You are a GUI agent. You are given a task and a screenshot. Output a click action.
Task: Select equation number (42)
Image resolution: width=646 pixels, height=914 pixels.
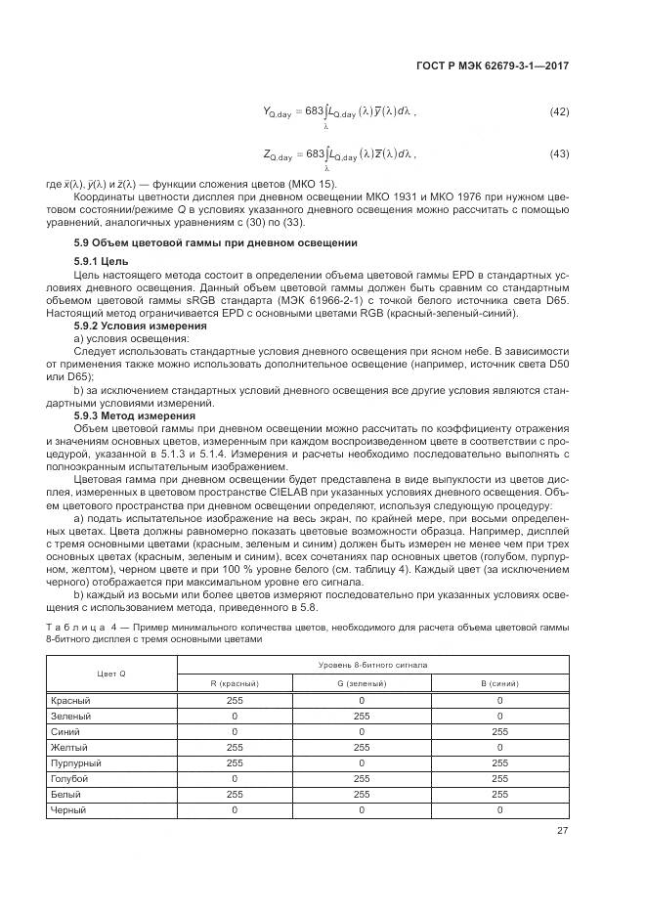(559, 112)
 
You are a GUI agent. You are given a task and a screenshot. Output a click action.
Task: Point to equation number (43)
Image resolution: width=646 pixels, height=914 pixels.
(559, 154)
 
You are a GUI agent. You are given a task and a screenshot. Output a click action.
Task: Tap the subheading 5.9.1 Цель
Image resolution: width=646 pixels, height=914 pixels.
(102, 262)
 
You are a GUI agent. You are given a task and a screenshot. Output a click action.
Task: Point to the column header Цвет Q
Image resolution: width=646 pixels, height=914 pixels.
(111, 674)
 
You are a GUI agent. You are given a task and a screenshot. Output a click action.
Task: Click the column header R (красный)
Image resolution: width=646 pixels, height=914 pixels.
(235, 683)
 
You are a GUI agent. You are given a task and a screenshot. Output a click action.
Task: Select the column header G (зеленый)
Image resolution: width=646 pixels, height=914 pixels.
(361, 683)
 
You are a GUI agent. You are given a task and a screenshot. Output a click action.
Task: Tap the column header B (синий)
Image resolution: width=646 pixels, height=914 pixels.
(499, 683)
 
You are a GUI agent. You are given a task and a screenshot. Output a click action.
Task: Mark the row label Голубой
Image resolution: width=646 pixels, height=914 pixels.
(68, 779)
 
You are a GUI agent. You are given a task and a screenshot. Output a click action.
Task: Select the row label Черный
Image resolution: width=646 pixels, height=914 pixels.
(68, 810)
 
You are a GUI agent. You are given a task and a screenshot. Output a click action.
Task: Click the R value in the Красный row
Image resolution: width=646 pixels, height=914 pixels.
(235, 701)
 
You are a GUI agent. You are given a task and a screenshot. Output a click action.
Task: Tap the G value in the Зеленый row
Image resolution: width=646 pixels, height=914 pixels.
(361, 717)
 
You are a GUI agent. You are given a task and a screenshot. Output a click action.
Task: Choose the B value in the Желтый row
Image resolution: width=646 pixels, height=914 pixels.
(499, 748)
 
